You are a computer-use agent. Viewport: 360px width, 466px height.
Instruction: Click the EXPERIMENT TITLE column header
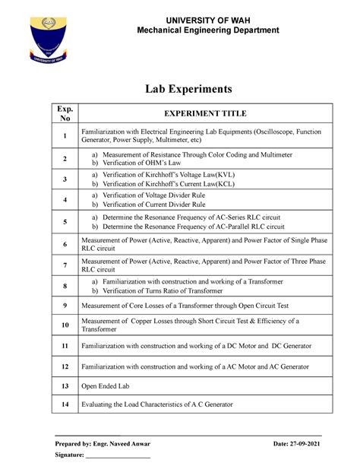click(207, 113)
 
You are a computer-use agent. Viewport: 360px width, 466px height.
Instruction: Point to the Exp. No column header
click(65, 113)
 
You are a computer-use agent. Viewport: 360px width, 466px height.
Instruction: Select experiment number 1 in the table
click(65, 137)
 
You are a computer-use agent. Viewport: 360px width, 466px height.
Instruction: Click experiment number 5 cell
click(65, 222)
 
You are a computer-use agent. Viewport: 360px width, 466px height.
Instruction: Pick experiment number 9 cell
click(65, 306)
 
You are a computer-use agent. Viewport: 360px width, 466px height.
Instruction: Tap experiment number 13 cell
click(65, 385)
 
